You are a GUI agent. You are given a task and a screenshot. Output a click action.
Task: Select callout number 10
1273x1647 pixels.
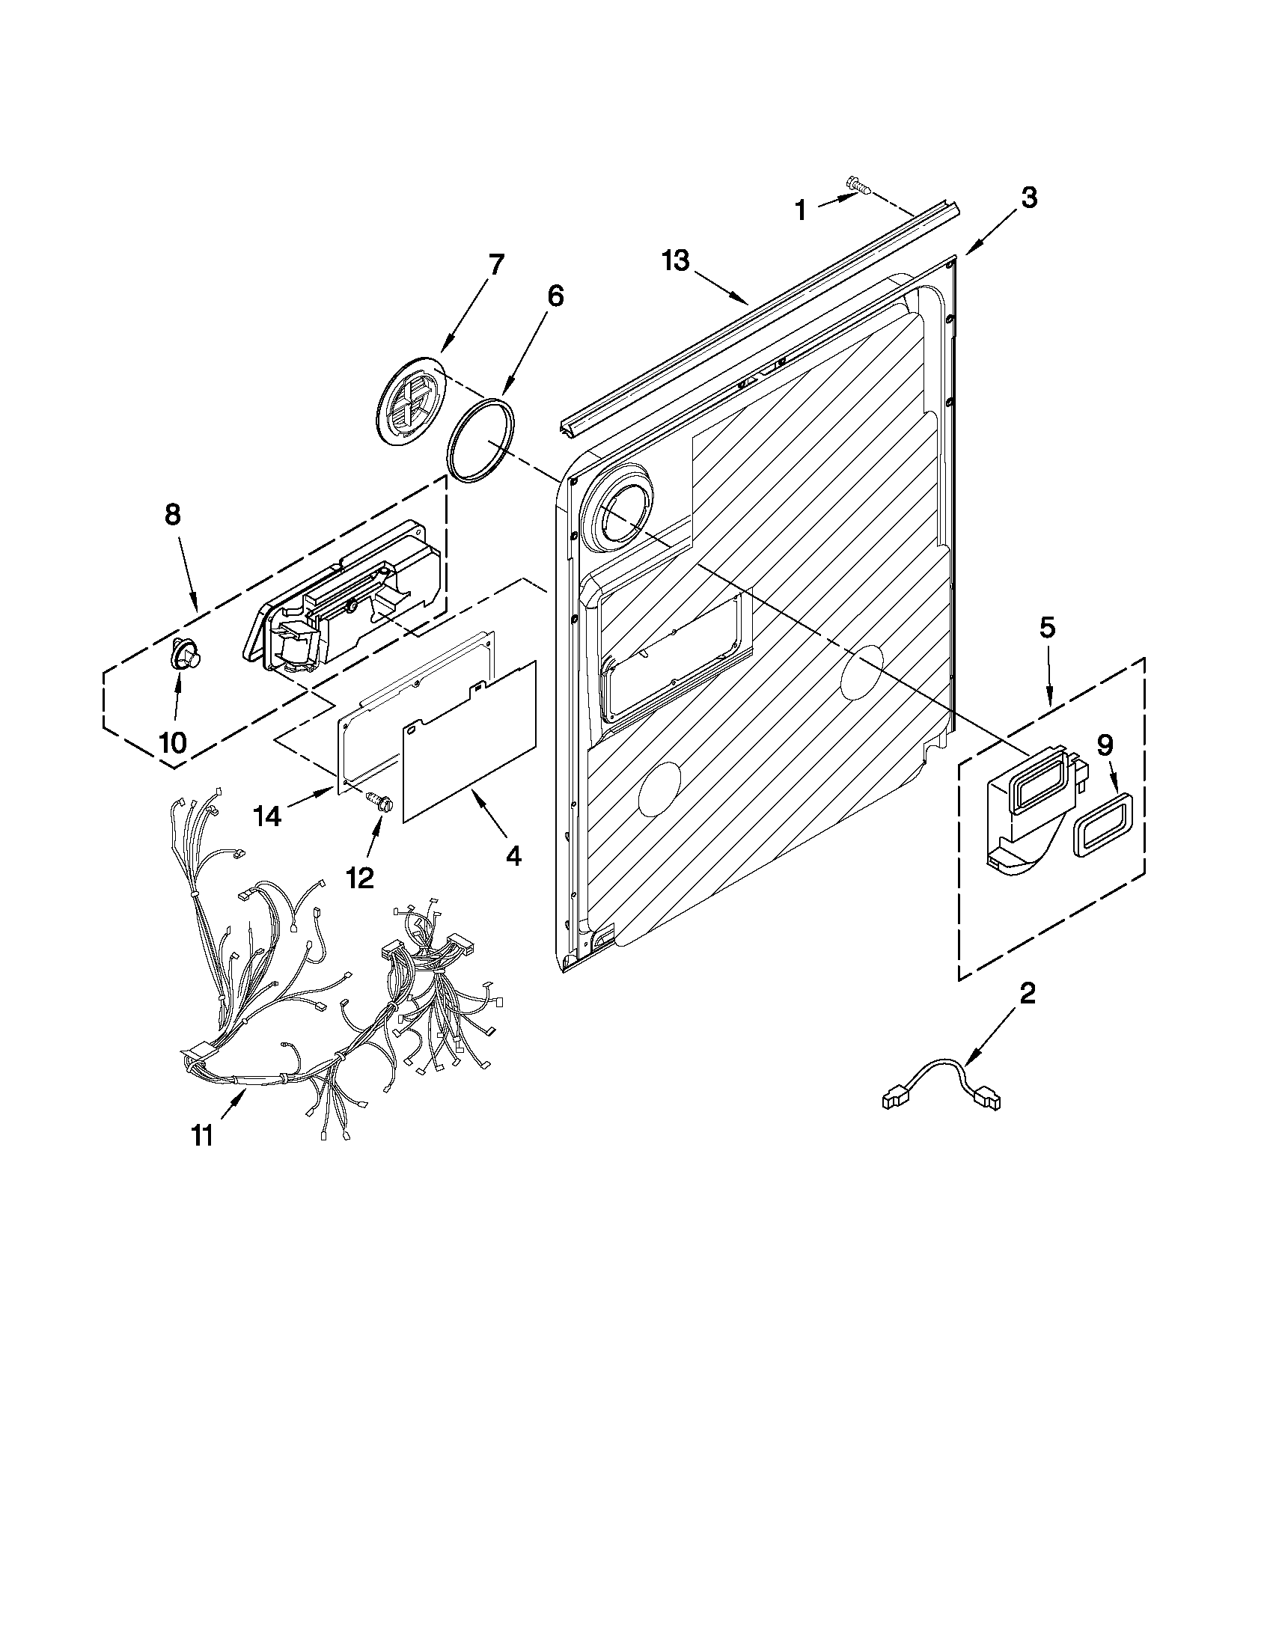(x=173, y=742)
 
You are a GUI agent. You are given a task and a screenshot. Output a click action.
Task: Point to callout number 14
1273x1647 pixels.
(x=268, y=815)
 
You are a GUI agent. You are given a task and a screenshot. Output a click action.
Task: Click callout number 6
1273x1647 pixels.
(x=555, y=296)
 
